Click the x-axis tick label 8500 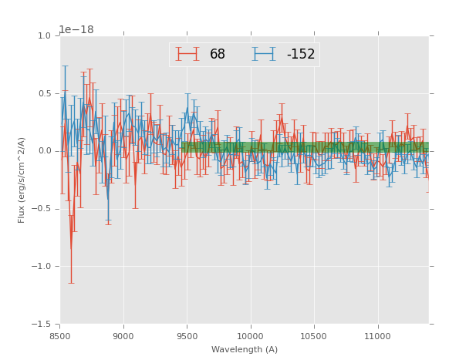59,336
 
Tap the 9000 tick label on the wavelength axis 123,336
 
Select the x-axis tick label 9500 187,336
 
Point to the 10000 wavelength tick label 250,336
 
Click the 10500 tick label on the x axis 314,336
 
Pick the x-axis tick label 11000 377,336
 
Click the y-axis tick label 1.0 43,35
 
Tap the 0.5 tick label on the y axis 43,93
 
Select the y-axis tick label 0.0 43,151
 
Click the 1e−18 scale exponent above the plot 76,29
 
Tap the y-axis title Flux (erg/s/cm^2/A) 22,180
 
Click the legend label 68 218,55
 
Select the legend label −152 300,55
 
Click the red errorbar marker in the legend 187,54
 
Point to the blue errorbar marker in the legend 264,54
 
